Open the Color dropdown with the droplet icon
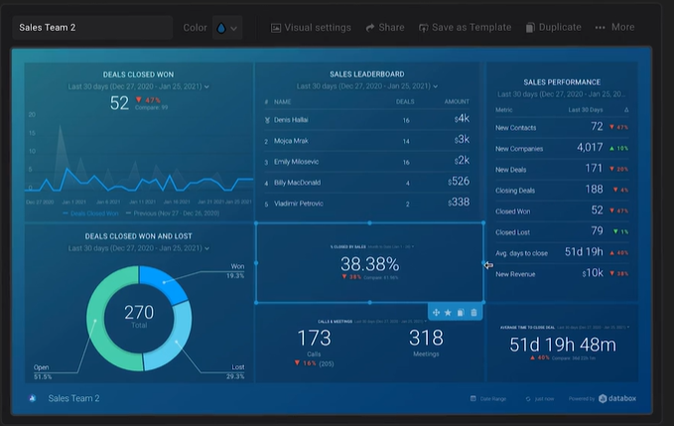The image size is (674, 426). [x=226, y=28]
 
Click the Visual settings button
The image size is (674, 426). [x=310, y=28]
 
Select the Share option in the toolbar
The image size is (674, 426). [x=385, y=28]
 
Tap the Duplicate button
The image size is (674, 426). [x=553, y=28]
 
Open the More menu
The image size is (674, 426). [x=614, y=28]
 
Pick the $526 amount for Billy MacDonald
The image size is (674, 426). [x=458, y=182]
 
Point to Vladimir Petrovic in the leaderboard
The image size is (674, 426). [x=301, y=203]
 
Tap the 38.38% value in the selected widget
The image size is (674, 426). [x=369, y=264]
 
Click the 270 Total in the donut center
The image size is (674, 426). [x=139, y=316]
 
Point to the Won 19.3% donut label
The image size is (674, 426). [x=236, y=270]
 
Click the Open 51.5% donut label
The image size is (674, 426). [x=42, y=372]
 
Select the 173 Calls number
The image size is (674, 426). [x=314, y=340]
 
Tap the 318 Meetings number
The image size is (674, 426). [x=426, y=340]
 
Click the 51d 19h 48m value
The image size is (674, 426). [x=563, y=345]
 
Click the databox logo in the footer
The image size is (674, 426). [x=623, y=399]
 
